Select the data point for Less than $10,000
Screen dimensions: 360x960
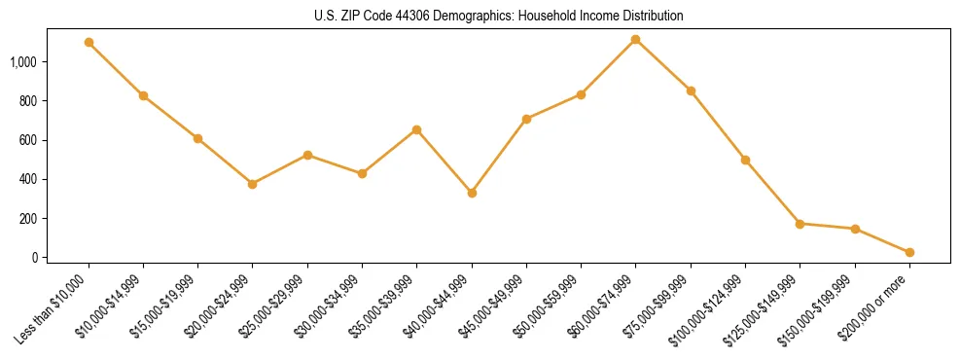(89, 43)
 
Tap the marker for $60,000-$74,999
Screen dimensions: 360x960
(636, 39)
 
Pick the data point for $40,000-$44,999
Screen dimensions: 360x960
(472, 193)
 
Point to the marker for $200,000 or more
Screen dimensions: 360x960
(909, 252)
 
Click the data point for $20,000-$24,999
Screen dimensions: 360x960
(253, 184)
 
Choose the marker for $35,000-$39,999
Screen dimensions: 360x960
(417, 129)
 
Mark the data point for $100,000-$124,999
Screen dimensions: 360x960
(745, 160)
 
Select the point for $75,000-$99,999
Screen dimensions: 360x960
(691, 90)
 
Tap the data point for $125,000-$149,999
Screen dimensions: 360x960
(800, 224)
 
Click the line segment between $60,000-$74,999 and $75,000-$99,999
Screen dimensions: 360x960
(663, 65)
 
